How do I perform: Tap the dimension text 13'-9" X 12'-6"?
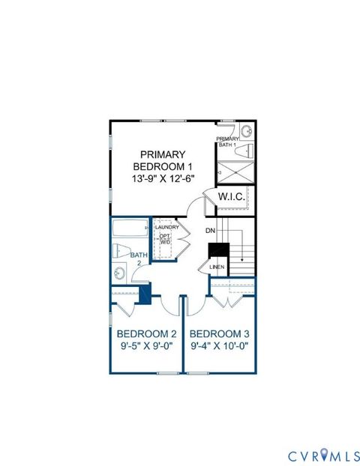(x=163, y=179)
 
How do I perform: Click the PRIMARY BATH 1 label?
(x=227, y=142)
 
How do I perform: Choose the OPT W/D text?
(x=165, y=239)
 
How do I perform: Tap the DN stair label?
(x=211, y=231)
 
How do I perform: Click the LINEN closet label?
(x=217, y=267)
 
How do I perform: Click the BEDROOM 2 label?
(x=147, y=333)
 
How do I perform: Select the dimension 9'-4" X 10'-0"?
(x=220, y=347)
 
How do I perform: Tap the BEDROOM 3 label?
(x=220, y=333)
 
